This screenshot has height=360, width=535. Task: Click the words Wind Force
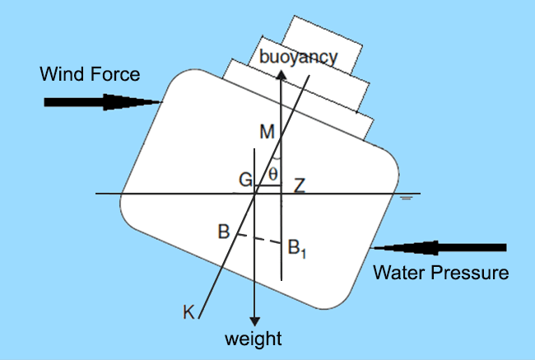coord(91,75)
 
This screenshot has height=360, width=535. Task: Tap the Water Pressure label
coord(440,273)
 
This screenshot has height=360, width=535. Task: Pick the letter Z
coord(300,185)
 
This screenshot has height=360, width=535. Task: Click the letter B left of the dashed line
coord(222,231)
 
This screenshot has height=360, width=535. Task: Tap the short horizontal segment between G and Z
coord(269,187)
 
